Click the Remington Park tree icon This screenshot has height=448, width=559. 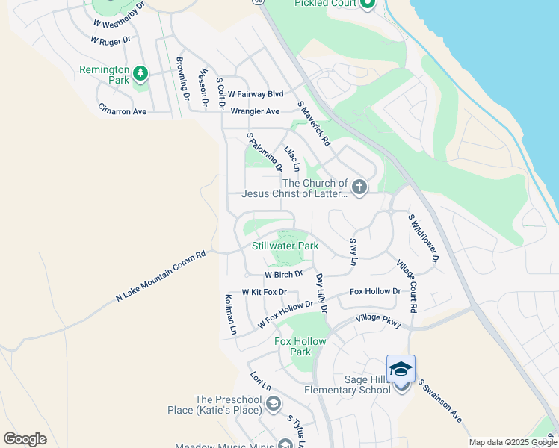(140, 73)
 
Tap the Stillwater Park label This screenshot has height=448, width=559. (285, 246)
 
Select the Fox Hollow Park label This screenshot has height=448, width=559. (300, 346)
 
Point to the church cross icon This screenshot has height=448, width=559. (359, 187)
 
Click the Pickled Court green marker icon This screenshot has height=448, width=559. (366, 4)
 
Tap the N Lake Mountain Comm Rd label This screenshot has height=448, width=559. (160, 277)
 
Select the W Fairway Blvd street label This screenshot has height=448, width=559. (256, 94)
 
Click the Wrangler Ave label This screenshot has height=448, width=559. (255, 111)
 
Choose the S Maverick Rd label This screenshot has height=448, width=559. (313, 123)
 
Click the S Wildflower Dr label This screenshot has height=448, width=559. (422, 238)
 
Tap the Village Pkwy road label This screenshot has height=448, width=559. (379, 320)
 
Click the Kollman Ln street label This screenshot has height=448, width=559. (231, 314)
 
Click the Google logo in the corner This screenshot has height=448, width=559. (25, 439)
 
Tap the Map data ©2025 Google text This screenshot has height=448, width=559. (513, 442)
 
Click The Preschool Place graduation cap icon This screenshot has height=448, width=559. (274, 405)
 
